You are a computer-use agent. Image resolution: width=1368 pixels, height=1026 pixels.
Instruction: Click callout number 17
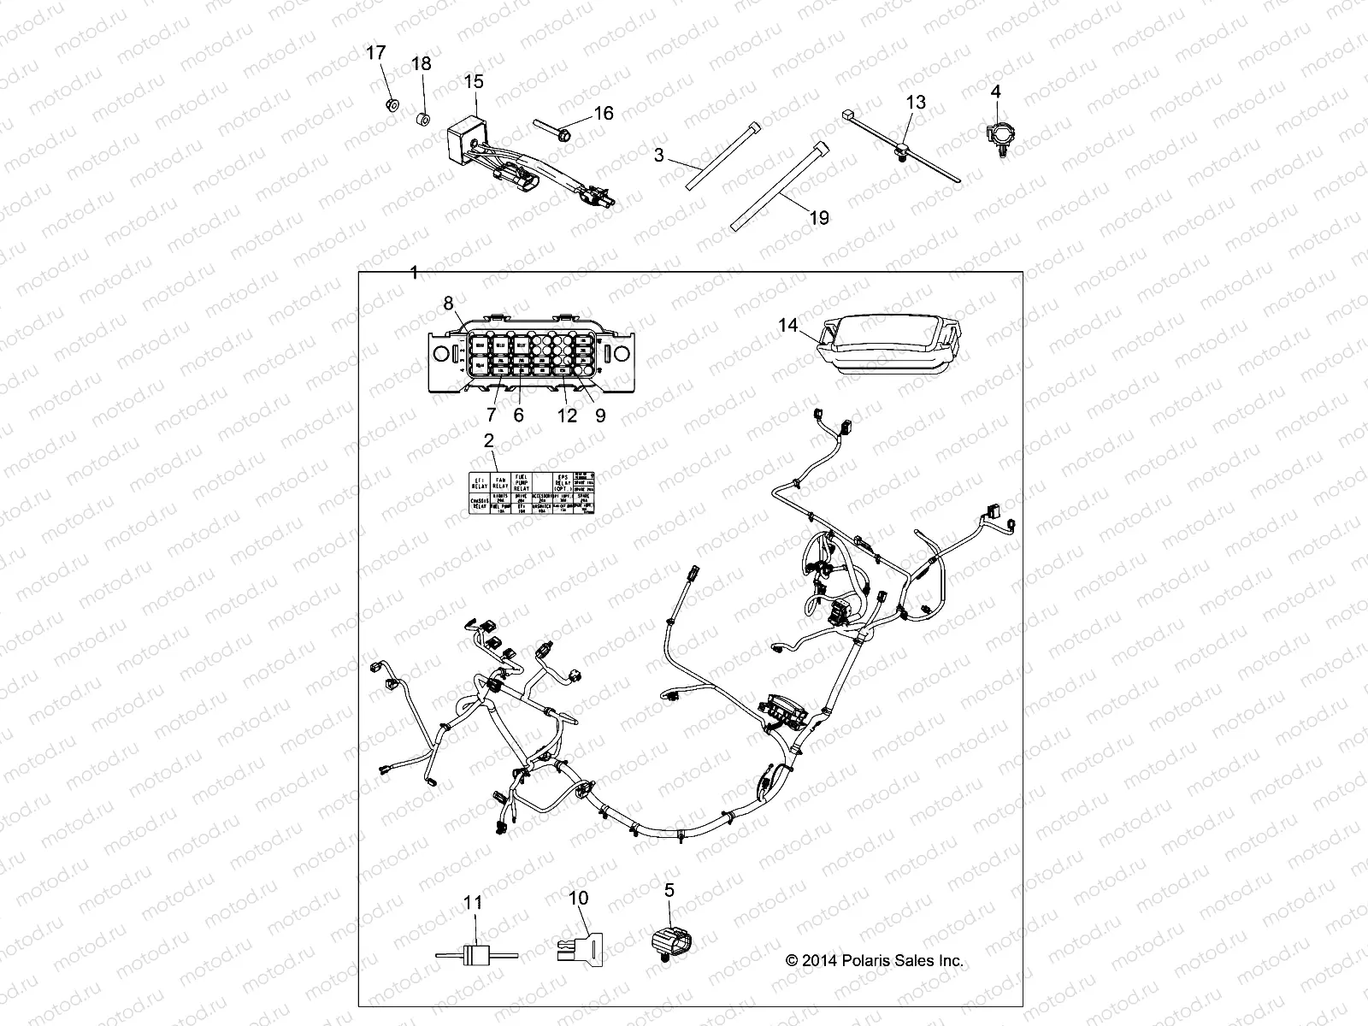coord(376,53)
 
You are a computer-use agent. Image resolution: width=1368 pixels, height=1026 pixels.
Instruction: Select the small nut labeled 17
coord(390,105)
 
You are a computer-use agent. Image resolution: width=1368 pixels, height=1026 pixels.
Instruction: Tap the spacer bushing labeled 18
coord(422,116)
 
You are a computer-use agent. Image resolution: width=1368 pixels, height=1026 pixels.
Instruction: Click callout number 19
coord(818,218)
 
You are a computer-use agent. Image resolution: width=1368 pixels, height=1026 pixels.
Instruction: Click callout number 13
coord(915,102)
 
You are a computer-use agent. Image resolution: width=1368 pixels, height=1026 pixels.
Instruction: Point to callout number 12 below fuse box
coord(568,416)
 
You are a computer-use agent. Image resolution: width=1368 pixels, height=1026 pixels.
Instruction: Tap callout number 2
coord(488,441)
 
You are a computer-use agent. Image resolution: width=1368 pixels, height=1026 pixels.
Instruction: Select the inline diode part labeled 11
coord(473,955)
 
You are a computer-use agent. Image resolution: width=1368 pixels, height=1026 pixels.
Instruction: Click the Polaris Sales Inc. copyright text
coord(874,960)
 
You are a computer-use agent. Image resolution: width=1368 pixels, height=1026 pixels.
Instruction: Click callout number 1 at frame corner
coord(414,273)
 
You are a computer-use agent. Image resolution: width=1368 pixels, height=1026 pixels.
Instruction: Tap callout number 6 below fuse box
coord(518,416)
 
